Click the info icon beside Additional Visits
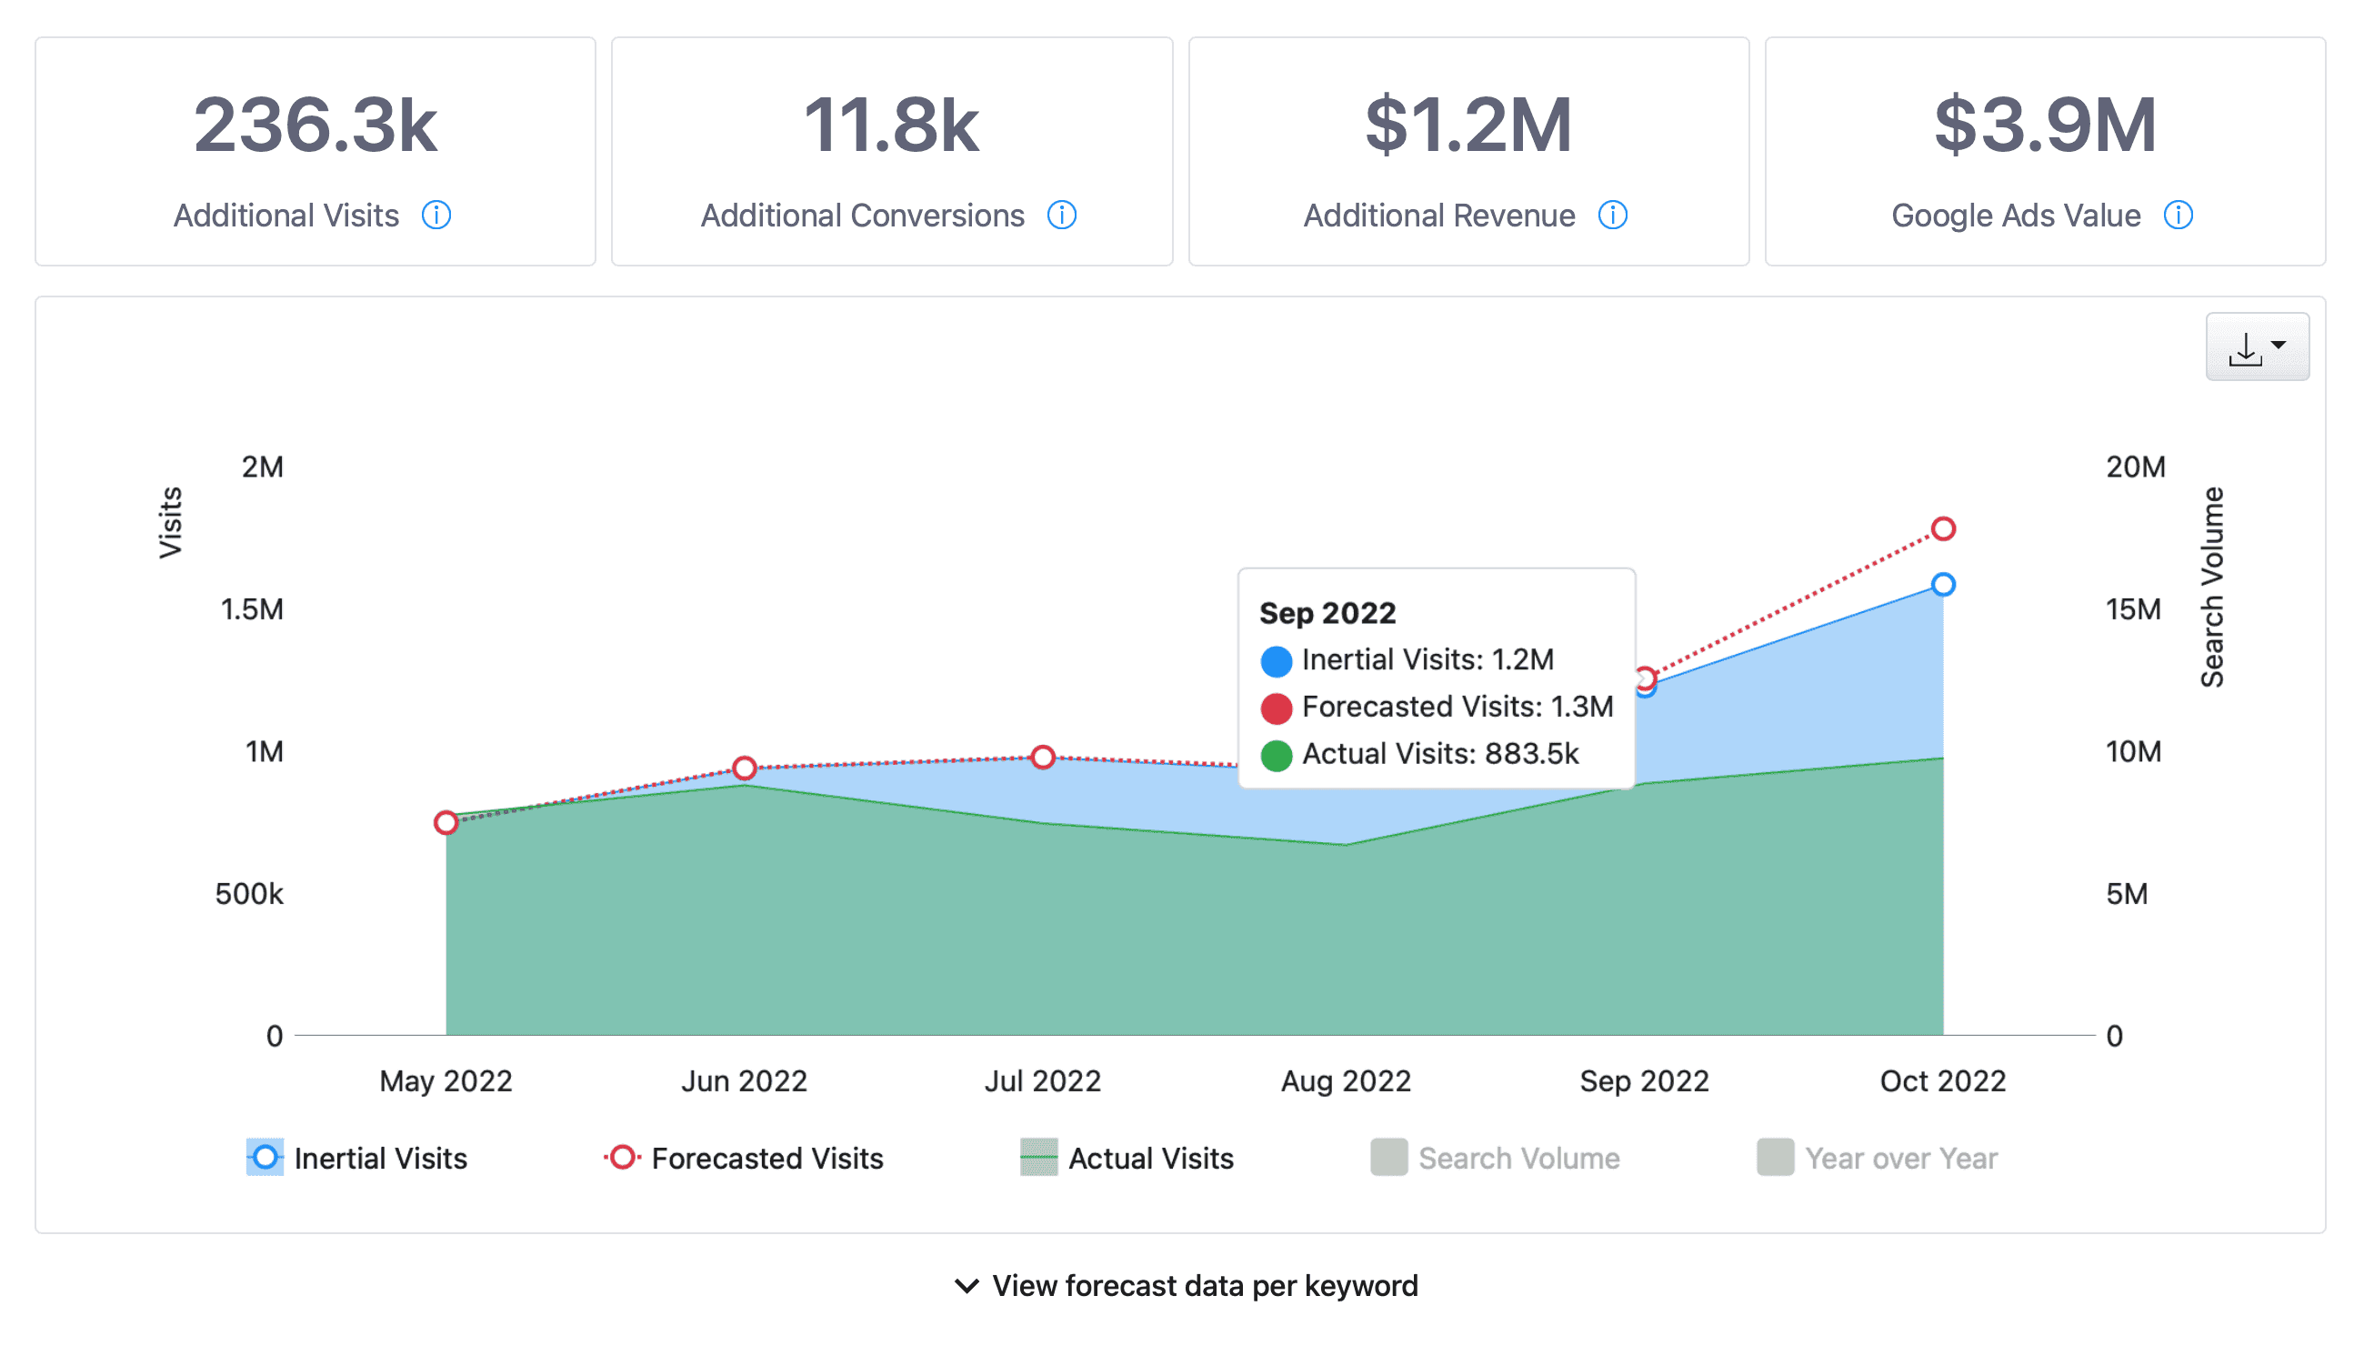(x=436, y=216)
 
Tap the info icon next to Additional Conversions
(x=1062, y=216)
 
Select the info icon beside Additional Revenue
(x=1613, y=216)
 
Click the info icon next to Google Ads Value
(x=2179, y=216)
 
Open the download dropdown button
(x=2257, y=347)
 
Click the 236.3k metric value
(x=316, y=125)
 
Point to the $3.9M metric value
(x=2045, y=125)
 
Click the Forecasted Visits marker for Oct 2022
(x=1943, y=528)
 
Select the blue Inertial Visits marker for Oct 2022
(x=1943, y=584)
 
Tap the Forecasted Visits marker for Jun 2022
(x=745, y=768)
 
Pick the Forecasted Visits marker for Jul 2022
(x=1044, y=757)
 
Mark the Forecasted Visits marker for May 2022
(x=446, y=822)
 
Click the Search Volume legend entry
(x=1495, y=1158)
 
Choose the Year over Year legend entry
(x=1877, y=1158)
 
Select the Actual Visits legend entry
(x=1127, y=1158)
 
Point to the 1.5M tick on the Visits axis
(x=251, y=609)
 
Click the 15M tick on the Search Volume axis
(x=2133, y=609)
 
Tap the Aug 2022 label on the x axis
(x=1346, y=1080)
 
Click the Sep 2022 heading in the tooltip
(x=1327, y=613)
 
